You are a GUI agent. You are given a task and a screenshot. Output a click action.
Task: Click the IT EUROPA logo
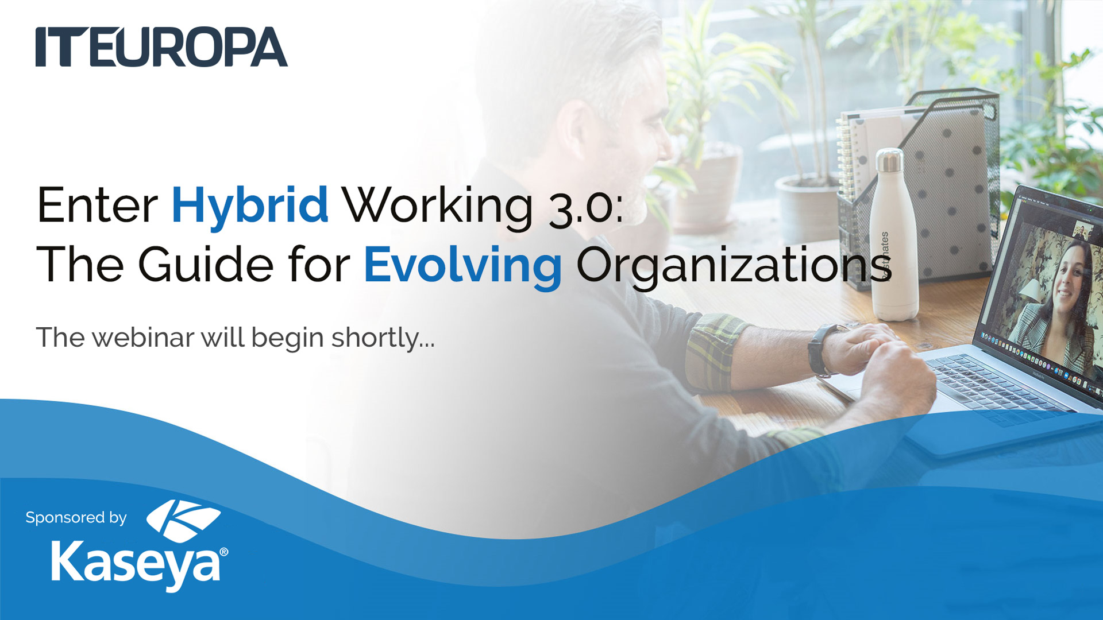click(161, 46)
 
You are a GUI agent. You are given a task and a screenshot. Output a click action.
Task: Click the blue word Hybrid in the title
click(250, 206)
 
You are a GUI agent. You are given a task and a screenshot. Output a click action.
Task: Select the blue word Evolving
click(463, 266)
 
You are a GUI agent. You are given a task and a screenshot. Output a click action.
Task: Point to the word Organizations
click(734, 266)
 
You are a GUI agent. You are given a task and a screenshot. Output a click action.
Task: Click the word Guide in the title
click(206, 263)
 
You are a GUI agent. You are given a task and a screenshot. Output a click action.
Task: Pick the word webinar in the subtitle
click(143, 337)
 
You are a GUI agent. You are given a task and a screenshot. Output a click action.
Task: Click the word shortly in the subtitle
click(383, 338)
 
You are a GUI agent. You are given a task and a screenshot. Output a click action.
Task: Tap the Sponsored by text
click(76, 518)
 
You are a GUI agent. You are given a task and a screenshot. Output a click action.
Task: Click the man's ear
click(572, 133)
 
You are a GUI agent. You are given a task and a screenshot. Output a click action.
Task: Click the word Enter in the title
click(98, 206)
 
